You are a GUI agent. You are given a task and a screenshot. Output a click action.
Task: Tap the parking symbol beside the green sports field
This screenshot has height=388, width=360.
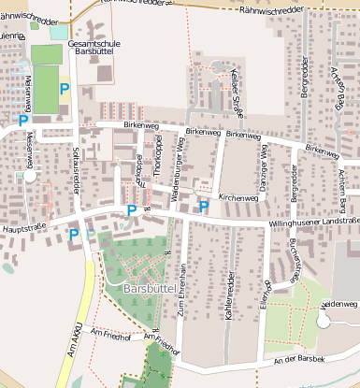tap(65, 90)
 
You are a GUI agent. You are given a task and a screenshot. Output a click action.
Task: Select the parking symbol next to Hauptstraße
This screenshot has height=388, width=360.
tap(73, 234)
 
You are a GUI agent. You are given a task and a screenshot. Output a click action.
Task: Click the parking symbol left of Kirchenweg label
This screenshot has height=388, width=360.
tap(203, 205)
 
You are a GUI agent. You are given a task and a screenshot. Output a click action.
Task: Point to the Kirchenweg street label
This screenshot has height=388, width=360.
tap(238, 198)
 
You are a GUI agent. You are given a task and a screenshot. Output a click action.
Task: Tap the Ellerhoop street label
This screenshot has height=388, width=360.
tap(267, 294)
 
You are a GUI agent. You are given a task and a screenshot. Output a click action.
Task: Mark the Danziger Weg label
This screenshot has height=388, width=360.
tap(264, 162)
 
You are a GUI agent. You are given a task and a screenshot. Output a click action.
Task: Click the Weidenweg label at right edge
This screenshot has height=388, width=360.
tap(338, 305)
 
